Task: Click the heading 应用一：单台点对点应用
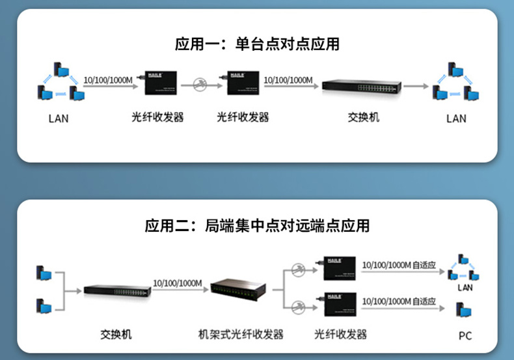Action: click(257, 44)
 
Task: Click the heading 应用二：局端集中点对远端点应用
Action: click(257, 226)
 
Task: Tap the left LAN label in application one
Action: click(58, 118)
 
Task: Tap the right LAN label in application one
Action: click(456, 118)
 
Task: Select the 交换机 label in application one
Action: click(363, 118)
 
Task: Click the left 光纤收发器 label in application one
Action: click(157, 118)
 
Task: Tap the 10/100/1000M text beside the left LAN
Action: click(108, 79)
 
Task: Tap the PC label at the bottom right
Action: click(465, 336)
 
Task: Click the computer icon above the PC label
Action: click(464, 311)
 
